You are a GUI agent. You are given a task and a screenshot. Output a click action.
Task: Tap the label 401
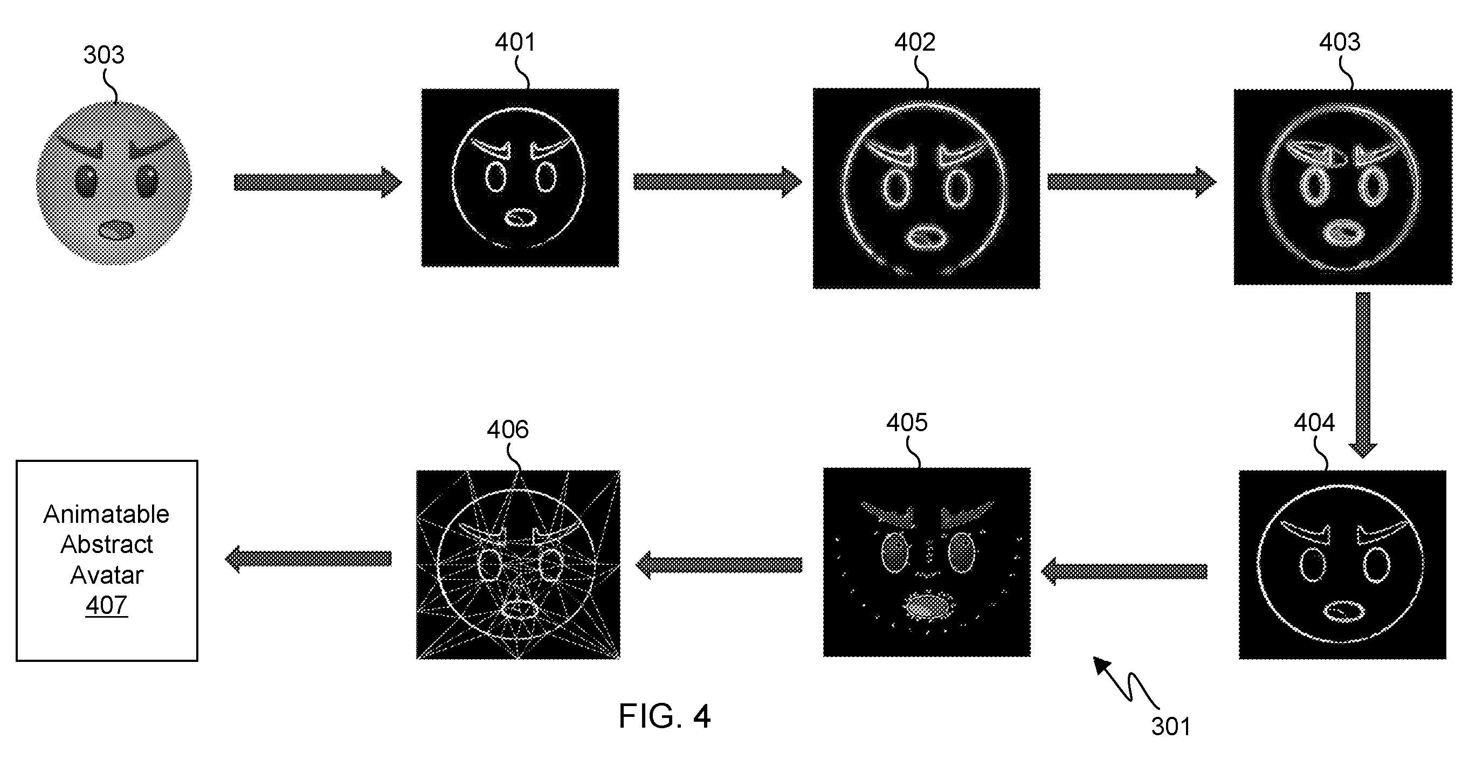515,42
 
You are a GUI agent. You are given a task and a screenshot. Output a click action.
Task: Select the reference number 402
915,42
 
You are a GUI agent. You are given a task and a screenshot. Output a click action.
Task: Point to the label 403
1340,42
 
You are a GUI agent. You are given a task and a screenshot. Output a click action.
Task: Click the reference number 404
1314,423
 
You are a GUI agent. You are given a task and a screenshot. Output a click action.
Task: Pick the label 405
907,423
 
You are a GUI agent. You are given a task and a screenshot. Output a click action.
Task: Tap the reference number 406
507,430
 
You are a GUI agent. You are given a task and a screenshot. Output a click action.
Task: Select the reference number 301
1171,727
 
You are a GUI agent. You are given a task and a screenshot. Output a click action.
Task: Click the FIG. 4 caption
664,716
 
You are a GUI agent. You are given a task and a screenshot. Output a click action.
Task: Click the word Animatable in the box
107,514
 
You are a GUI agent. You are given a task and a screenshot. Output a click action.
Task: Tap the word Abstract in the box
107,544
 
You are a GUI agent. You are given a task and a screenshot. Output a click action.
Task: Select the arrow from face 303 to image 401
318,183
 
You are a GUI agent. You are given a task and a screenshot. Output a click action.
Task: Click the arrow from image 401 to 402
718,182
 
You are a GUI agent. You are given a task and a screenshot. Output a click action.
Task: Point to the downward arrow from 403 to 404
1363,375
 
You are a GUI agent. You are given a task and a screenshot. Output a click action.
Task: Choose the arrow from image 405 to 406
719,564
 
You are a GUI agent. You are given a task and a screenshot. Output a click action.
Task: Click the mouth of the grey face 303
116,230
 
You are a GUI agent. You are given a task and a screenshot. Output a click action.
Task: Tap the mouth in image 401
521,218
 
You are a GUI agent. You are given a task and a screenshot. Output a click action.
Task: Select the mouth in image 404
1343,612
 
